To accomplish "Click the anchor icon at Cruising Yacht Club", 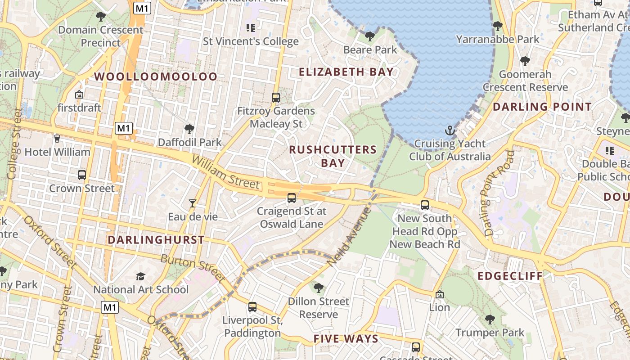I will point(450,131).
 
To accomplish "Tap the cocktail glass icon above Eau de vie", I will point(193,203).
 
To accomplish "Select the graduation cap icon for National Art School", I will point(141,276).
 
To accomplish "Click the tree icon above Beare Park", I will point(370,36).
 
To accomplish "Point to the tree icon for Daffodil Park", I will point(189,130).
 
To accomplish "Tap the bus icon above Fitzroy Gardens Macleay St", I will point(276,97).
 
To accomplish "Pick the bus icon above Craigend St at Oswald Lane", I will point(292,198).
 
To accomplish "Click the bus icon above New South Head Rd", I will point(425,205).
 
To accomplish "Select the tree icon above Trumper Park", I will point(490,319).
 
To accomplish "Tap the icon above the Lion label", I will point(440,294).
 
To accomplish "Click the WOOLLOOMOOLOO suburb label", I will point(156,76).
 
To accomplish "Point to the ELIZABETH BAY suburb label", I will point(346,72).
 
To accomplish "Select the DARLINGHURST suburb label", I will point(156,240).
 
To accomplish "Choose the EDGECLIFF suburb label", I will point(510,276).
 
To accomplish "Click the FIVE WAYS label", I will point(346,339).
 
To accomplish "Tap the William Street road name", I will point(225,172).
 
